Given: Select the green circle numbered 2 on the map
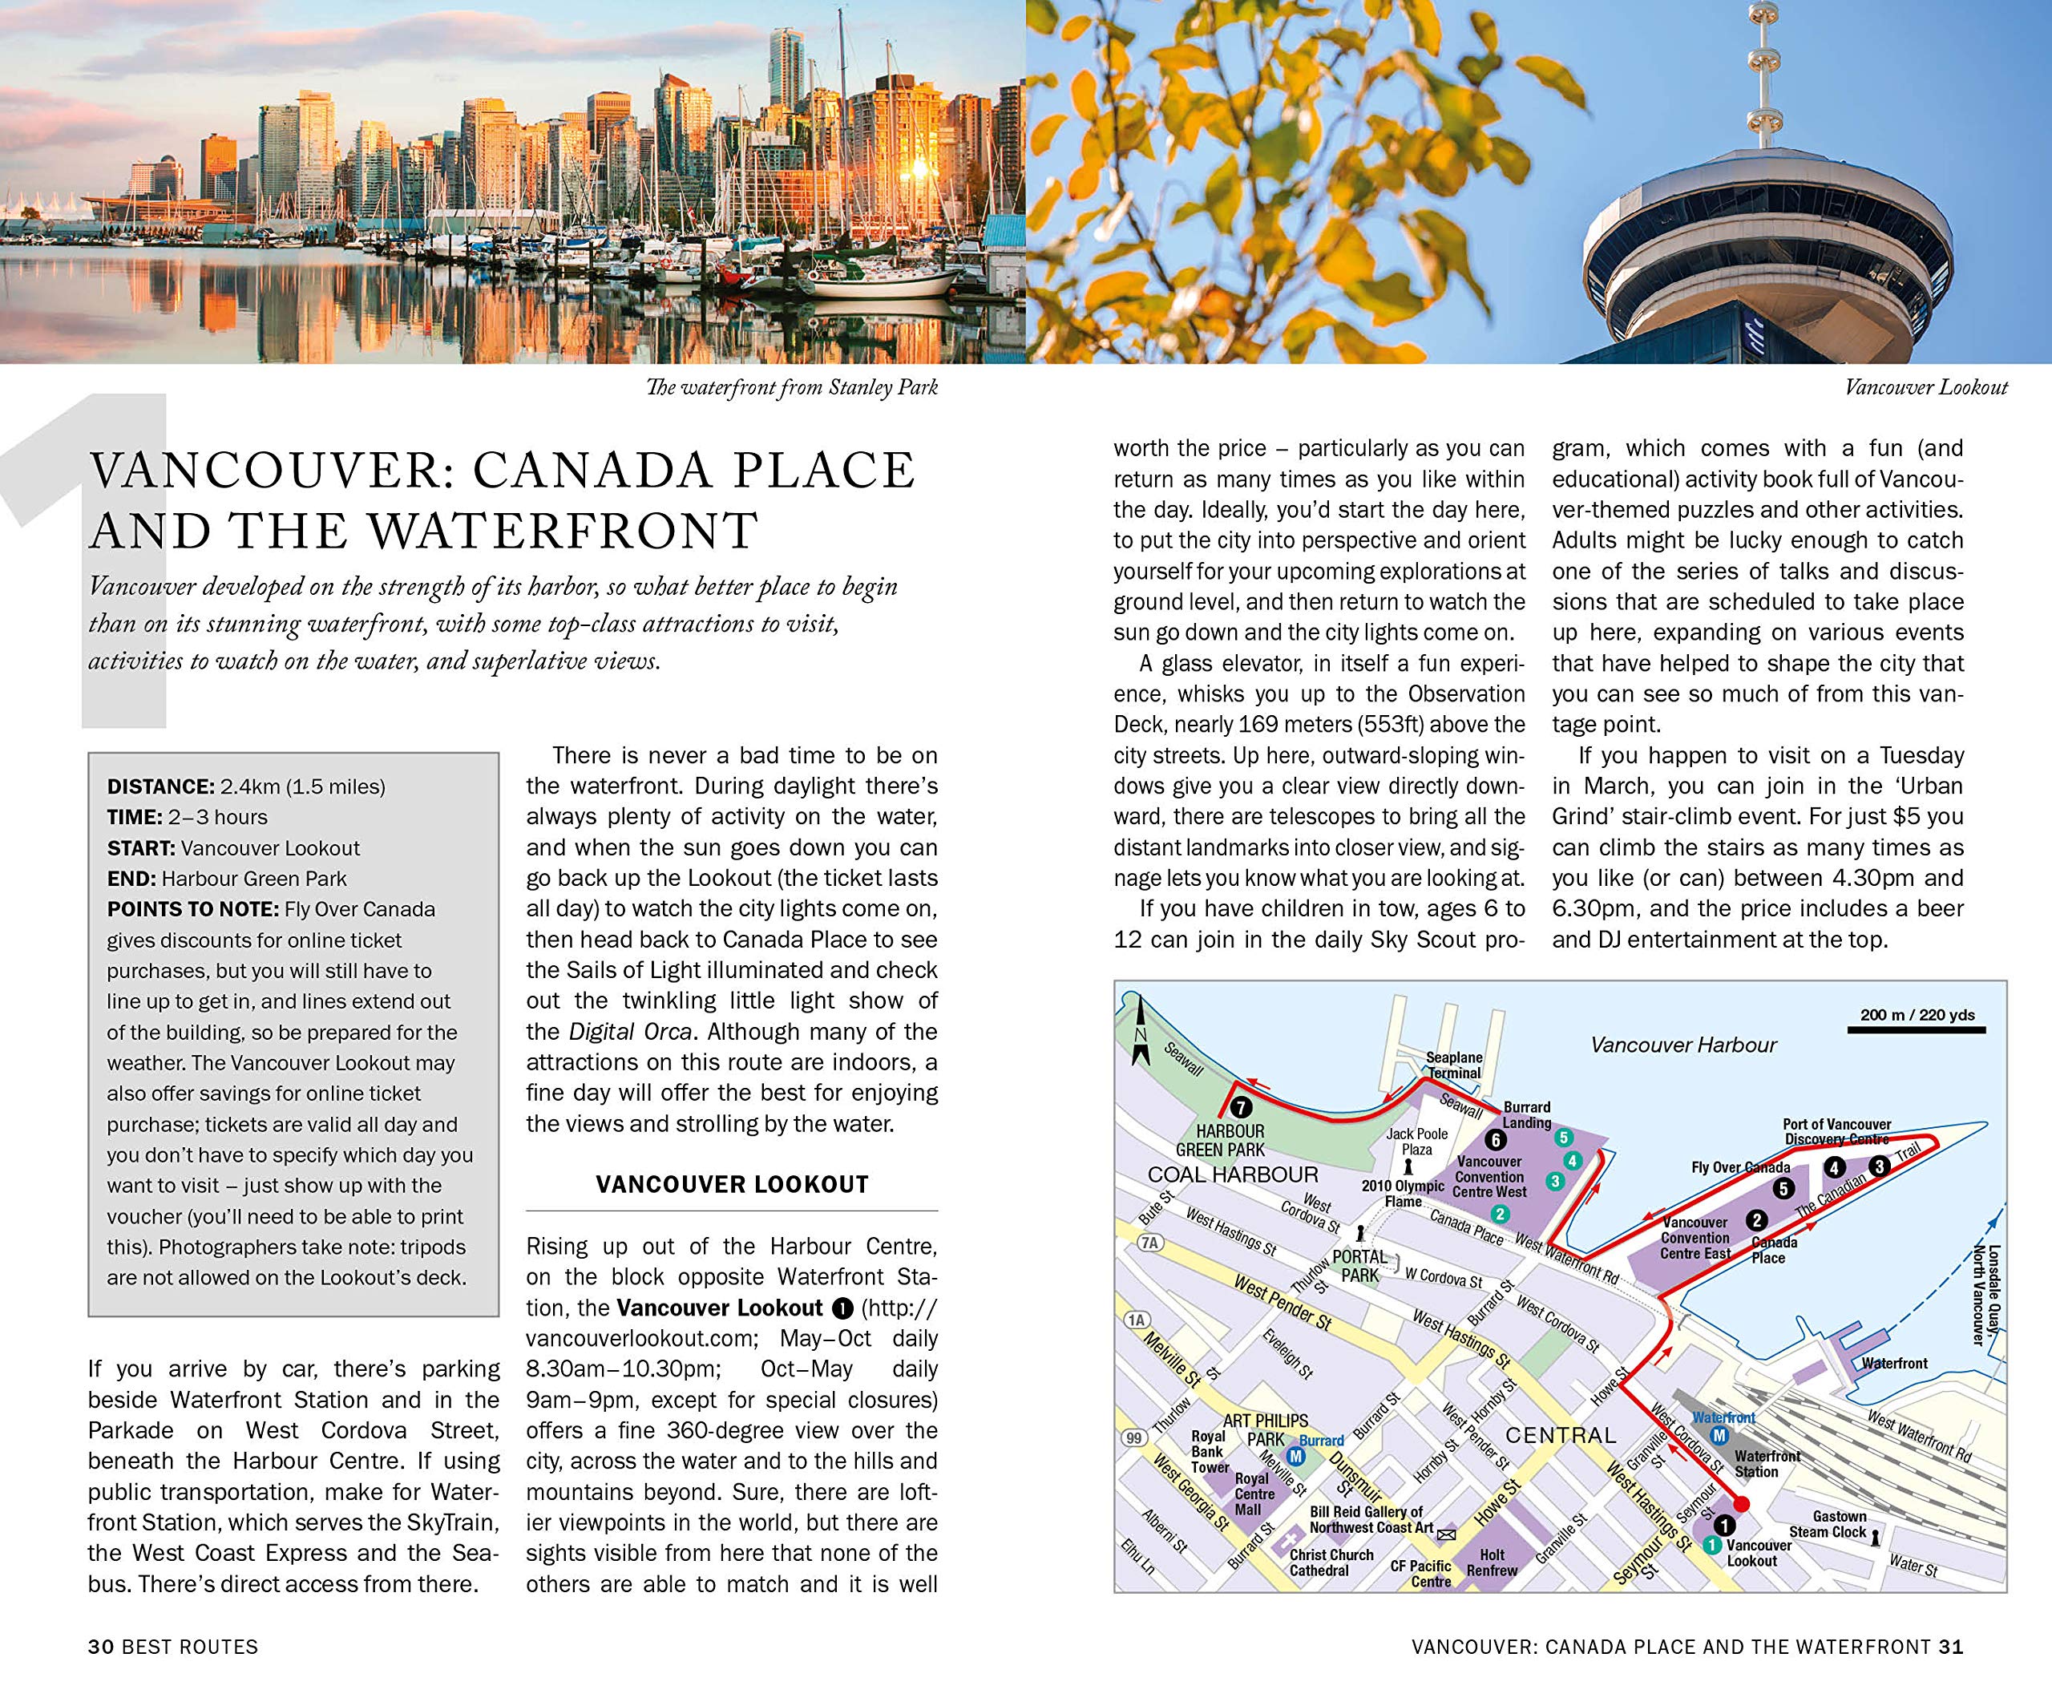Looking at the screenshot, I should coord(1500,1215).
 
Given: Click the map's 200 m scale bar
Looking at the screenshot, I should coord(1917,1031).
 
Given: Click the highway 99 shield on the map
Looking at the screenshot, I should coord(1133,1438).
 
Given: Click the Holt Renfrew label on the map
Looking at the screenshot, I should coord(1492,1563).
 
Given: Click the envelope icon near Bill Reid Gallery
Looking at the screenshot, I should coord(1447,1535).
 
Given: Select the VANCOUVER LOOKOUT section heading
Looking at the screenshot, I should coord(732,1185).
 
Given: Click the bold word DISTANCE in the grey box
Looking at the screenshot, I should coord(160,786).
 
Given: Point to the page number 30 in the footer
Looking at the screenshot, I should coord(101,1647).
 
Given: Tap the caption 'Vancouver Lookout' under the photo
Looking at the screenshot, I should coord(1925,388).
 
